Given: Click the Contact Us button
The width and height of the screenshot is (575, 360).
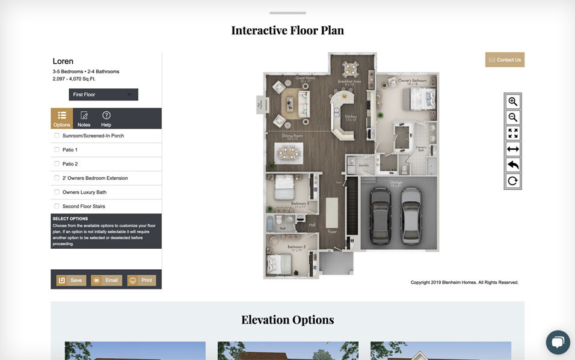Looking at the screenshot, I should point(505,59).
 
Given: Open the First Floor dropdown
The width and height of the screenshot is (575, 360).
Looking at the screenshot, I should point(103,94).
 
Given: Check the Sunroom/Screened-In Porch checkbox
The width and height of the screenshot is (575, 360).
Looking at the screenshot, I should point(57,136).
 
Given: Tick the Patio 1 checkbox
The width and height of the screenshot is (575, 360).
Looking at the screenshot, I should point(57,150).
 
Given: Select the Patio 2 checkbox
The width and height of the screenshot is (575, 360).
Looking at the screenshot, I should point(57,164).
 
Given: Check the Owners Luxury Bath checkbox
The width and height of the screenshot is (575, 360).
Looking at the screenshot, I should point(57,192).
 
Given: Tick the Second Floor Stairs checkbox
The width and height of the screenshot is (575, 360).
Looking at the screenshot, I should point(57,206).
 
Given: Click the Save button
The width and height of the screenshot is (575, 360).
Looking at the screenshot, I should point(71,280).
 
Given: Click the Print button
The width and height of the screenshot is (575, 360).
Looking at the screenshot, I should point(141,280).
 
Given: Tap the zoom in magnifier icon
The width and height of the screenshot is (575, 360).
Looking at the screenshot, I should point(512,102).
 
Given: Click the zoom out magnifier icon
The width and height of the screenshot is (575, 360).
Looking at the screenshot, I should point(512,117).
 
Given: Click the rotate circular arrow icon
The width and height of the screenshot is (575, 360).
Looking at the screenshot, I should point(512,181).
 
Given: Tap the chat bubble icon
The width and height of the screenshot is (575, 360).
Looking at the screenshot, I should point(558,342).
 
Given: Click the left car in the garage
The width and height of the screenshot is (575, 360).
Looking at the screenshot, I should point(380,214).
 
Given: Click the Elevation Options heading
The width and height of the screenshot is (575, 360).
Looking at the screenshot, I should point(287,320).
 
